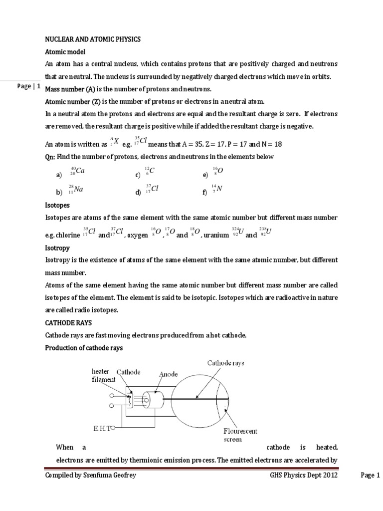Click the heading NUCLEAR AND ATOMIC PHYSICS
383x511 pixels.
[93, 39]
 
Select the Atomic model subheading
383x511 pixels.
[66, 52]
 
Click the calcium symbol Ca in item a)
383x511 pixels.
[79, 171]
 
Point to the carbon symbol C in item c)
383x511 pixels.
[152, 171]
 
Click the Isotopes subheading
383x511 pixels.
[57, 205]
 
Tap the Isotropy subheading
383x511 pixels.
[57, 248]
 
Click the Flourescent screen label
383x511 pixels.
[240, 435]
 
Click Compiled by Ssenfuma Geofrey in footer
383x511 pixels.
[90, 476]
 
